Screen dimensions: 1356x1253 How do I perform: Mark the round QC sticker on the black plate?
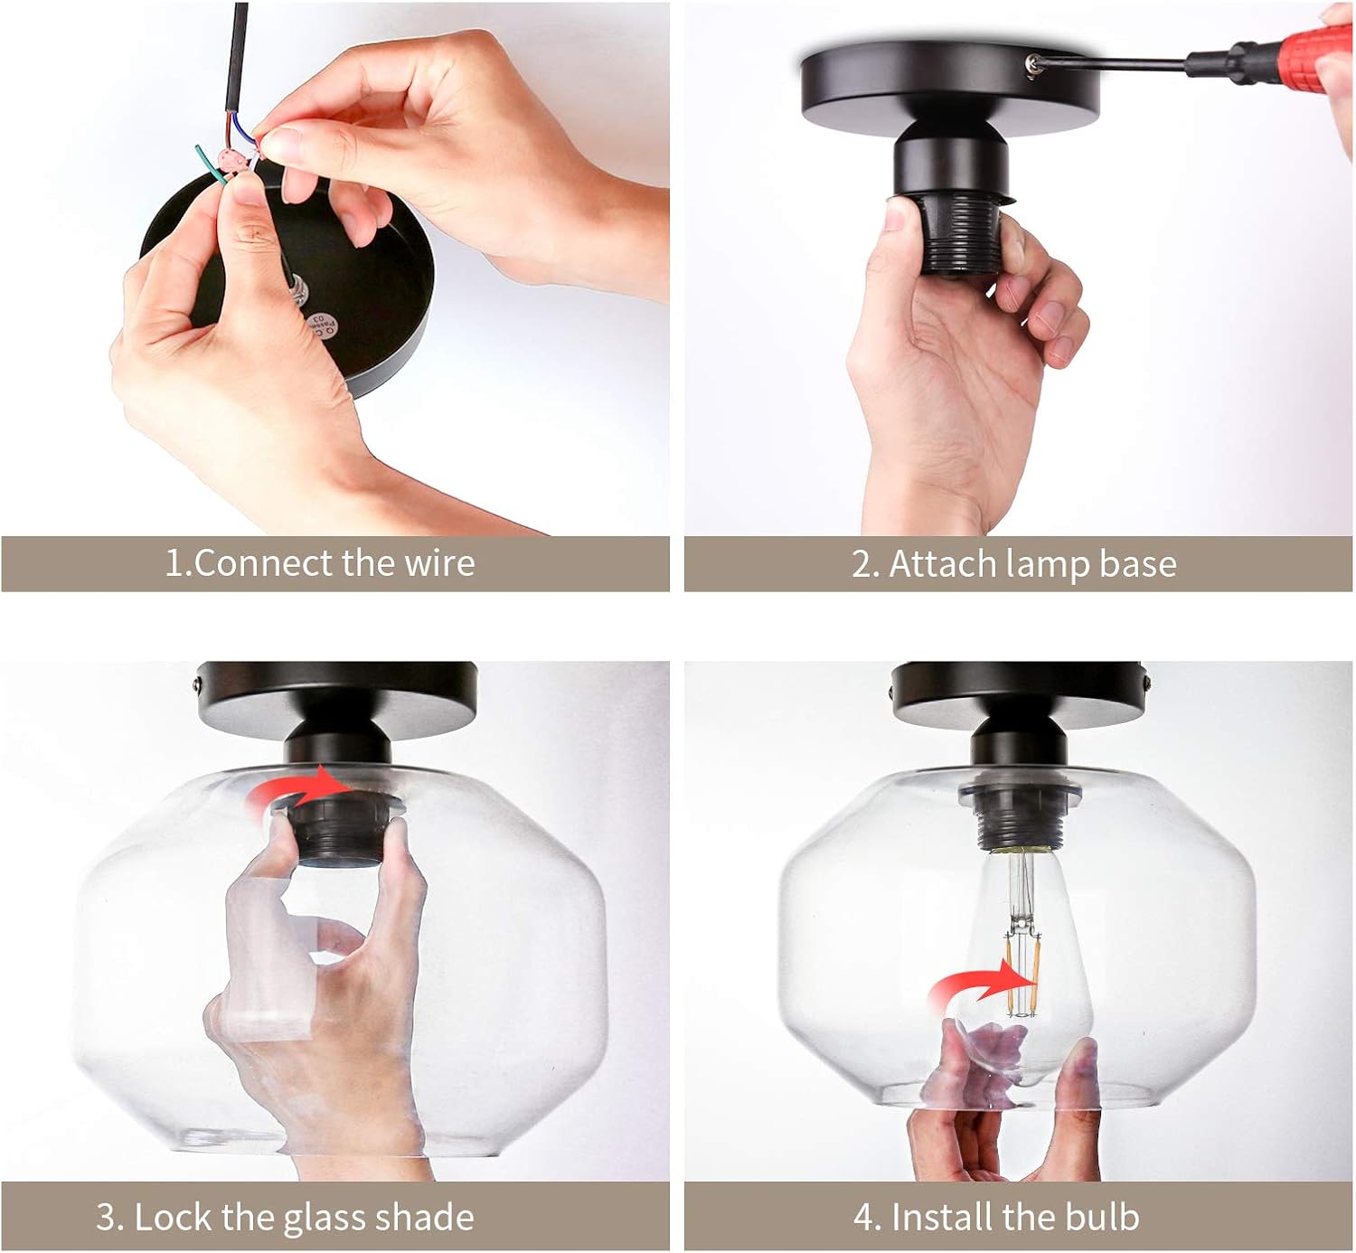click(322, 325)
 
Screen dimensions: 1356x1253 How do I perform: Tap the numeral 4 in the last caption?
click(863, 1218)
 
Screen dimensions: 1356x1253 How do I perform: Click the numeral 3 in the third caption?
click(106, 1218)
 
